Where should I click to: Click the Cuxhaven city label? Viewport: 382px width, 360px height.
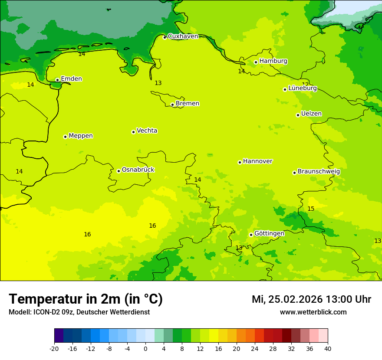pyautogui.click(x=183, y=36)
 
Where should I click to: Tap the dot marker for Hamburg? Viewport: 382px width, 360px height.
pyautogui.click(x=256, y=62)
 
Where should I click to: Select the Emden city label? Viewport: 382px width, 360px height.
pyautogui.click(x=71, y=79)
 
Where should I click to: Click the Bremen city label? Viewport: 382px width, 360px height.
pyautogui.click(x=187, y=104)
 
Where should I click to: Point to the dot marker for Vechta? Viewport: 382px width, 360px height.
pyautogui.click(x=133, y=132)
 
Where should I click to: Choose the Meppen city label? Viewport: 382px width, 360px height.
pyautogui.click(x=81, y=136)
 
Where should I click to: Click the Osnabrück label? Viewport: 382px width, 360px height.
pyautogui.click(x=138, y=170)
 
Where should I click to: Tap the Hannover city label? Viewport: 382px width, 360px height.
pyautogui.click(x=257, y=161)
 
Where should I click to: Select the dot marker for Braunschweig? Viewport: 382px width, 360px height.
pyautogui.click(x=294, y=173)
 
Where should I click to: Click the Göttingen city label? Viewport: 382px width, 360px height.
pyautogui.click(x=269, y=233)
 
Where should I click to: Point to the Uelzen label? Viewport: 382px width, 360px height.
pyautogui.click(x=311, y=114)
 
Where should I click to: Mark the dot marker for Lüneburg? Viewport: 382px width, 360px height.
pyautogui.click(x=285, y=89)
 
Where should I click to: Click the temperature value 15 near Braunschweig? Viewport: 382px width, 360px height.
pyautogui.click(x=311, y=209)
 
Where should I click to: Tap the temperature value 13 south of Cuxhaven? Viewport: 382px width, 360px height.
pyautogui.click(x=158, y=83)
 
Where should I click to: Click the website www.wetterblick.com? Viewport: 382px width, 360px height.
pyautogui.click(x=313, y=312)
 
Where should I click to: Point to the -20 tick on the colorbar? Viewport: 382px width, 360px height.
pyautogui.click(x=54, y=348)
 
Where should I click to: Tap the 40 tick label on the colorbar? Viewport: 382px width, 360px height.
pyautogui.click(x=328, y=348)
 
